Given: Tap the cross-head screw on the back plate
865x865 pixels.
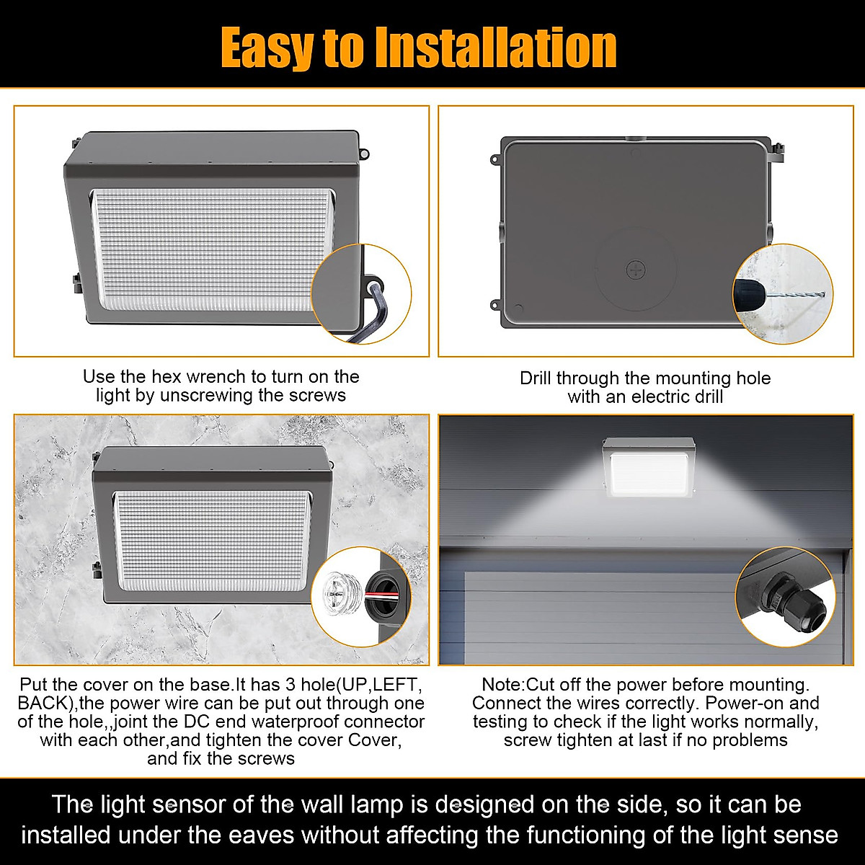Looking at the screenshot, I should pyautogui.click(x=636, y=270).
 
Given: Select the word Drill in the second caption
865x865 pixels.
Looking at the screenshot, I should pyautogui.click(x=536, y=378).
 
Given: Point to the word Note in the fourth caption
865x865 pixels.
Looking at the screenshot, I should pyautogui.click(x=502, y=685).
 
